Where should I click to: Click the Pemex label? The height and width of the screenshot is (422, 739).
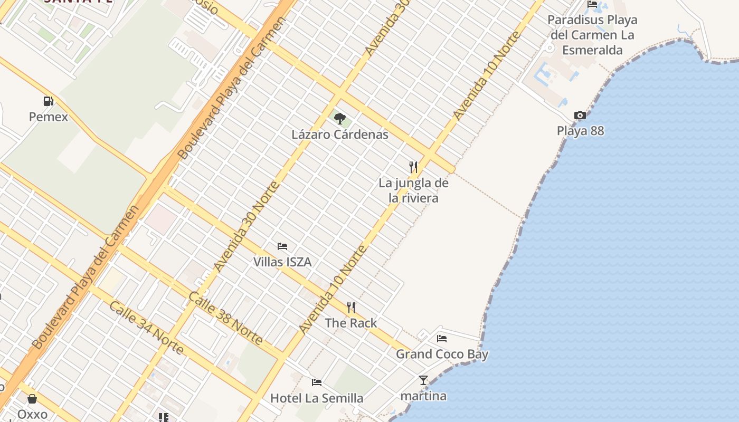pos(49,117)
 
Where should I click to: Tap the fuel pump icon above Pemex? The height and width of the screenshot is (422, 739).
pos(48,101)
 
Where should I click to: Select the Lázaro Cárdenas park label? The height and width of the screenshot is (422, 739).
pos(340,135)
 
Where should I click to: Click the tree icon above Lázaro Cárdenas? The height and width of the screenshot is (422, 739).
pos(340,119)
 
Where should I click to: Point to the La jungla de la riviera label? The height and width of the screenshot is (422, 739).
pos(413,190)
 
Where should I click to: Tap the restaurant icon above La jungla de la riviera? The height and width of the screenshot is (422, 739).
pos(413,167)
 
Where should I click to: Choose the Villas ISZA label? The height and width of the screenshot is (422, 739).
pos(282,262)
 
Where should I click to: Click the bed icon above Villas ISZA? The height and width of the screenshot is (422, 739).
pos(282,246)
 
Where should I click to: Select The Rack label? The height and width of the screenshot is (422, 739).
pos(351,323)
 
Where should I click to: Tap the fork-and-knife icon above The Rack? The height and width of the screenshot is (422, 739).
pos(351,307)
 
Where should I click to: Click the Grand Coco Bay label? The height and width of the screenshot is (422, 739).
pos(442,354)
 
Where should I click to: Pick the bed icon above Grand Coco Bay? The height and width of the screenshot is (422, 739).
pos(442,338)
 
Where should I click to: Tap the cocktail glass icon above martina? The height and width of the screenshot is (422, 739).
pos(423,380)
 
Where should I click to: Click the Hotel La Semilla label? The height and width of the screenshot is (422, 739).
pos(317,398)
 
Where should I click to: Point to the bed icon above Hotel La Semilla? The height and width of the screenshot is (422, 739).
pos(317,382)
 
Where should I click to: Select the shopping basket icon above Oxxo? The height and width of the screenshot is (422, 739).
pos(32,399)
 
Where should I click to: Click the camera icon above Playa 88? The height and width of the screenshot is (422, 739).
pos(580,115)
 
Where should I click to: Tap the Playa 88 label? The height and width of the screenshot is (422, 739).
pos(581,131)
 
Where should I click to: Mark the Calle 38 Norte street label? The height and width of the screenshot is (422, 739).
pos(225,318)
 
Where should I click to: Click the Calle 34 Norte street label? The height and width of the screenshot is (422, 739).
pos(147,328)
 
